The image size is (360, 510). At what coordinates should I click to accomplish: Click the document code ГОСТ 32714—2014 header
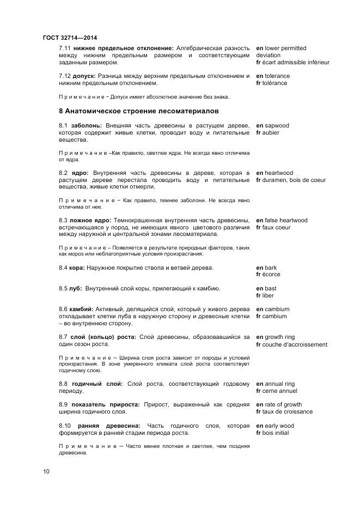pos(69,38)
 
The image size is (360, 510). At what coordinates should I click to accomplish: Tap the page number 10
pos(46,471)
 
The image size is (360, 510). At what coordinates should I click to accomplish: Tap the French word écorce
pos(272,275)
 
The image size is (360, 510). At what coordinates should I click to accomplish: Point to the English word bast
pos(271,288)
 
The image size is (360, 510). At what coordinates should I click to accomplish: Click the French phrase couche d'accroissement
pos(296,344)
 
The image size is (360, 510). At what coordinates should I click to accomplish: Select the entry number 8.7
pos(63,337)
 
